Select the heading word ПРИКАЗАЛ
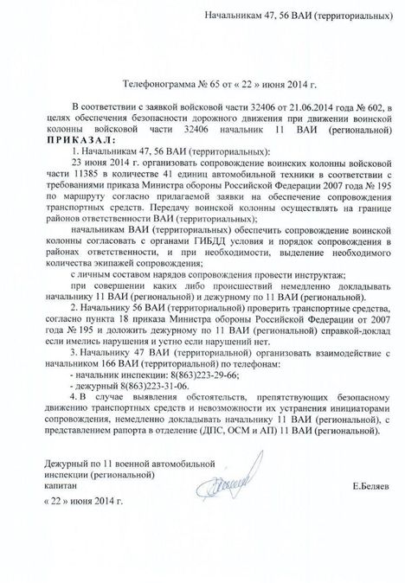(x=68, y=138)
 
